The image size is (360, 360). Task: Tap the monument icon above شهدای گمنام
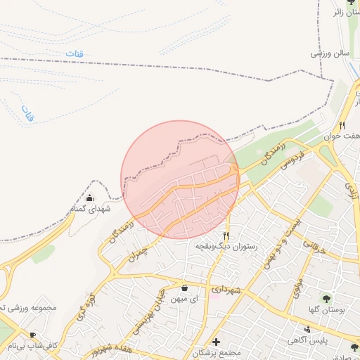pyautogui.click(x=89, y=198)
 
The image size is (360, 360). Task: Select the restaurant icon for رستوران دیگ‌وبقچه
pyautogui.click(x=226, y=236)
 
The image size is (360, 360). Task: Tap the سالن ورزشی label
pyautogui.click(x=330, y=53)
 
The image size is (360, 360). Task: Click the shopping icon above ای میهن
pyautogui.click(x=184, y=288)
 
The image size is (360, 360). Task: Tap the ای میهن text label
pyautogui.click(x=184, y=299)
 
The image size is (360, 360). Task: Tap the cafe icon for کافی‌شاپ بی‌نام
pyautogui.click(x=32, y=335)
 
